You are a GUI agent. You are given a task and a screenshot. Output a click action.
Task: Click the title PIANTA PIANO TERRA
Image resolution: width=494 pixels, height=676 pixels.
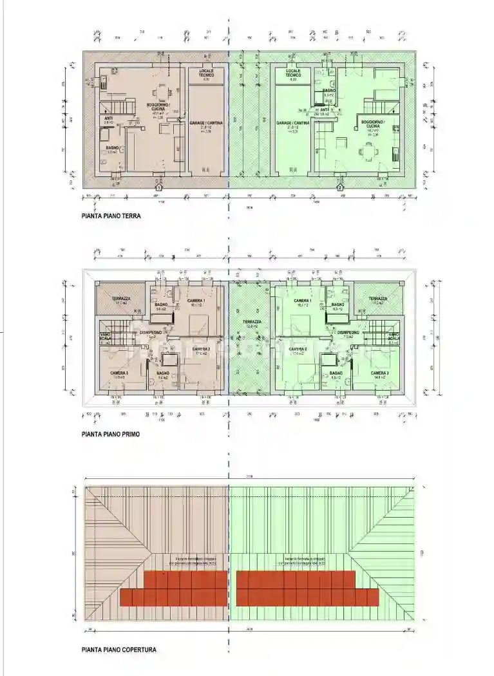[111, 217]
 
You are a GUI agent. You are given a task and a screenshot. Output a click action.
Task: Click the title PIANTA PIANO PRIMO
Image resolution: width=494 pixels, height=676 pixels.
[111, 435]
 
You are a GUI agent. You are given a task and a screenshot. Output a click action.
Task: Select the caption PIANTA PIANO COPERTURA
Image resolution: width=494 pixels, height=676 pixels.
[119, 650]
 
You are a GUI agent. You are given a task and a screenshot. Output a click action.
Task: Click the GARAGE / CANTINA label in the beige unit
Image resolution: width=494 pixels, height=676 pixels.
[206, 122]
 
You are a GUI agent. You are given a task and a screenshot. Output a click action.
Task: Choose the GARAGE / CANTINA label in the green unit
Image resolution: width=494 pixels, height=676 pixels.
[293, 122]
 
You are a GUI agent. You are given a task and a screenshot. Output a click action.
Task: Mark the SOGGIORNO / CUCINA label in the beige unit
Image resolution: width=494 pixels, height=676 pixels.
[158, 107]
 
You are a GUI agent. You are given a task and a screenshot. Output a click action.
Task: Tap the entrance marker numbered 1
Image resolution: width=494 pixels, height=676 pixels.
[159, 187]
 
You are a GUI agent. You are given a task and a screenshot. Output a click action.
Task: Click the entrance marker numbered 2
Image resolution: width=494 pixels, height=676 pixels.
[340, 187]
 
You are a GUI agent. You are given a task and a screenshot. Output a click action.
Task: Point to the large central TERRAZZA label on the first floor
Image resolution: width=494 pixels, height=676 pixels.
[252, 322]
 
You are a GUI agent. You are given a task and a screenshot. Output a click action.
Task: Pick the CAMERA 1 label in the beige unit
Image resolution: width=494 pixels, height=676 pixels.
[196, 301]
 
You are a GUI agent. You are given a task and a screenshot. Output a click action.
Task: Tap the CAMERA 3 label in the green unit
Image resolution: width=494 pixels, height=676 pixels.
[379, 373]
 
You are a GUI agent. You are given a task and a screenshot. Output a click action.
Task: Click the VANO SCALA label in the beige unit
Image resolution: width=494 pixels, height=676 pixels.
[106, 337]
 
